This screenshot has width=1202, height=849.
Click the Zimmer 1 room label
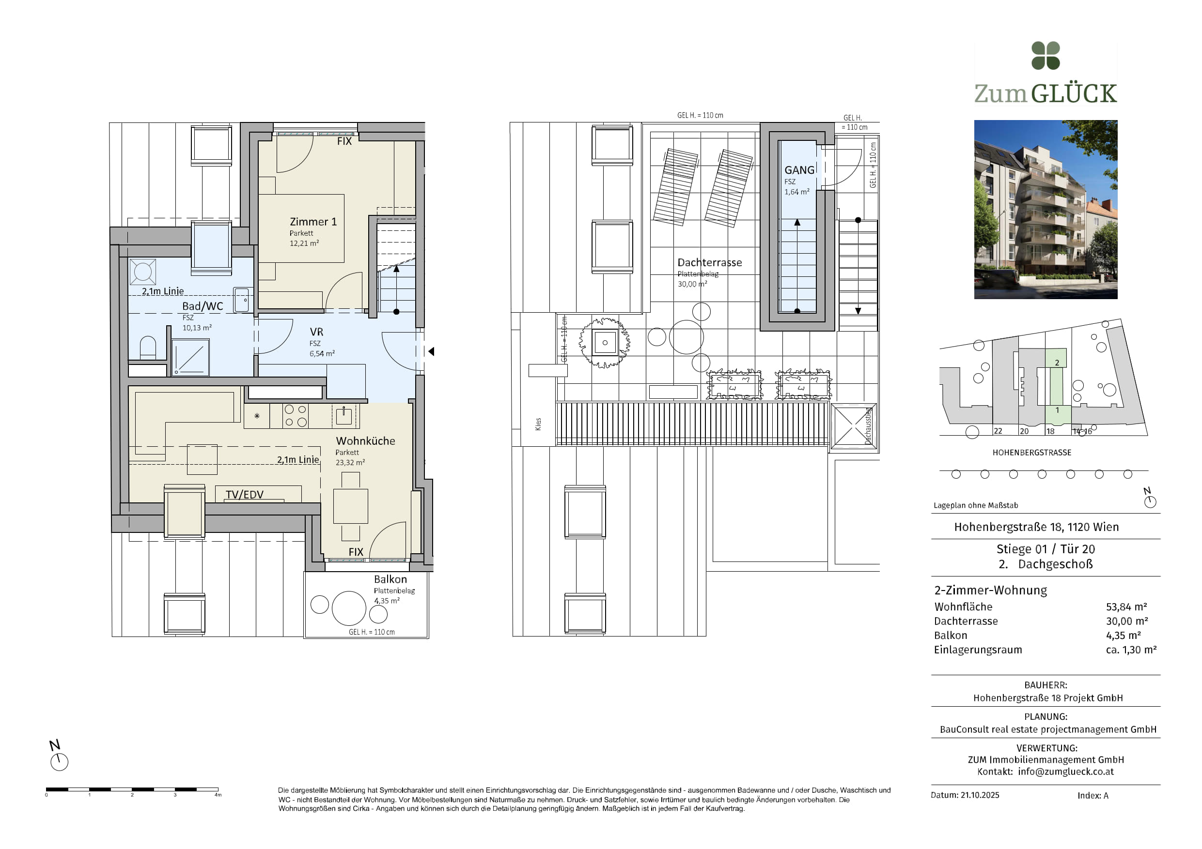pyautogui.click(x=313, y=222)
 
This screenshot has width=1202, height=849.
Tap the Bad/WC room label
pyautogui.click(x=203, y=306)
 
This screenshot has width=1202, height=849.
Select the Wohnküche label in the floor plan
pyautogui.click(x=365, y=441)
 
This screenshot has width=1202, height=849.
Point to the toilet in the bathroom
pyautogui.click(x=148, y=348)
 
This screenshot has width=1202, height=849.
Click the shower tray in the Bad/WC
pyautogui.click(x=190, y=358)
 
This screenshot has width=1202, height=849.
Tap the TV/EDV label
pyautogui.click(x=245, y=494)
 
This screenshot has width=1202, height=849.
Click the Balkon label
pyautogui.click(x=390, y=579)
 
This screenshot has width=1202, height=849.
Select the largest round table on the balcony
pyautogui.click(x=349, y=608)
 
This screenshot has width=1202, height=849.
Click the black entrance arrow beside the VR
pyautogui.click(x=431, y=351)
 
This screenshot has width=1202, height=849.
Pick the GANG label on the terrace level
pyautogui.click(x=799, y=170)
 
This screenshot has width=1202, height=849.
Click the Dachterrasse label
pyautogui.click(x=709, y=263)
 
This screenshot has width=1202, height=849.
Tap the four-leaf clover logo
pyautogui.click(x=1046, y=56)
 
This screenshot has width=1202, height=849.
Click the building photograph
pyautogui.click(x=1046, y=209)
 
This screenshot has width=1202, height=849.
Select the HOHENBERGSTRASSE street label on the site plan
pyautogui.click(x=1031, y=453)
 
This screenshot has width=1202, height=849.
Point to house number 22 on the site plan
pyautogui.click(x=998, y=431)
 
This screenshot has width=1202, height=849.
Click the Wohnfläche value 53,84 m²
pyautogui.click(x=1126, y=607)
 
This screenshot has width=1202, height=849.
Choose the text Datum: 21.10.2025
pyautogui.click(x=965, y=795)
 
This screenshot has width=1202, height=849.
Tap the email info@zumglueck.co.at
pyautogui.click(x=1066, y=772)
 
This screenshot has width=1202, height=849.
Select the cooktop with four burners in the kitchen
pyautogui.click(x=295, y=416)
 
